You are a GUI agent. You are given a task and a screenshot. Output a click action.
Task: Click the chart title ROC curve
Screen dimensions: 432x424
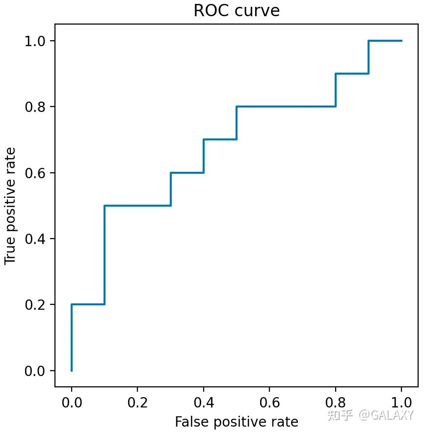click(237, 11)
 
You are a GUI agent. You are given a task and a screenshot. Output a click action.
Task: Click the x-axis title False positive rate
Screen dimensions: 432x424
click(237, 421)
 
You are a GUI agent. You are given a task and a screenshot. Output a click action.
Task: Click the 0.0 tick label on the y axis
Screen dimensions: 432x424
click(36, 371)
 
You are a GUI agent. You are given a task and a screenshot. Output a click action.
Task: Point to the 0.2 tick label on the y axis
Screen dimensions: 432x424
click(36, 305)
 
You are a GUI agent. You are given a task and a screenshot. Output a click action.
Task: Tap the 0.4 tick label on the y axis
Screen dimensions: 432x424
click(36, 239)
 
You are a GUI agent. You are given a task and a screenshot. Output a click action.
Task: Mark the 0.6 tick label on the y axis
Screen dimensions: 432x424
click(36, 173)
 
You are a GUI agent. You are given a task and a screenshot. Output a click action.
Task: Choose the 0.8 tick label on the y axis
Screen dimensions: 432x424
click(36, 107)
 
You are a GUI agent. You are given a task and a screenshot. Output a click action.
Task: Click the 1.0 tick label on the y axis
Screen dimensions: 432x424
click(36, 41)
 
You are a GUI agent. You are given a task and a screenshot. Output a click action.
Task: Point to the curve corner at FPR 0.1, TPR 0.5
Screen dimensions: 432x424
click(105, 206)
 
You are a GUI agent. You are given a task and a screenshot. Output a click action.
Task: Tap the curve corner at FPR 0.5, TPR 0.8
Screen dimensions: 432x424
click(237, 107)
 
